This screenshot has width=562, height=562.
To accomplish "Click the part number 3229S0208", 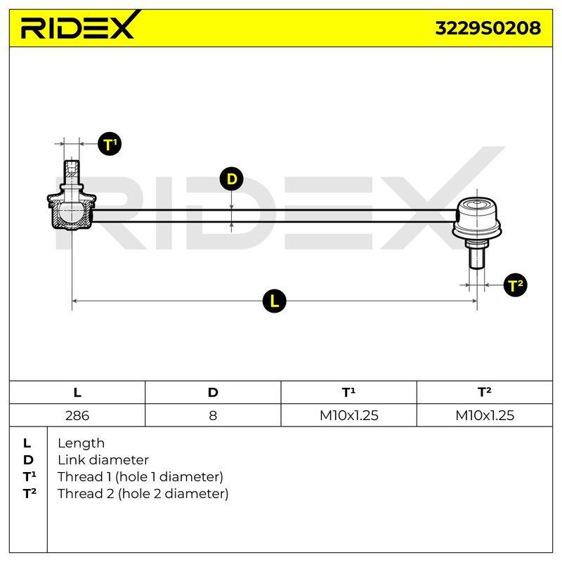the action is click(488, 28).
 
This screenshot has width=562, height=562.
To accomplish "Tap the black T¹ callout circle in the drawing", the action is click(110, 144).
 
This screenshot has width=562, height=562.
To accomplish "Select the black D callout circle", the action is click(232, 179).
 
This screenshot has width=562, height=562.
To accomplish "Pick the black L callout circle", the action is click(274, 301).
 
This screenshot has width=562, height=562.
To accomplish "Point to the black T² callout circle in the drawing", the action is click(515, 285).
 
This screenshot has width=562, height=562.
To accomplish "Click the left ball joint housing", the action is click(72, 211).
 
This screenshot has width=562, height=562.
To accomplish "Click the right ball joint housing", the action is click(477, 218).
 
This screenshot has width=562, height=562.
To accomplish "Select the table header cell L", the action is click(77, 393).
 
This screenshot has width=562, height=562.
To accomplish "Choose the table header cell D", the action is click(213, 393).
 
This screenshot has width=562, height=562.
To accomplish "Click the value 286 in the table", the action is click(77, 415).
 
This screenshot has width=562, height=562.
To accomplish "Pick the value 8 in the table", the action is click(213, 415).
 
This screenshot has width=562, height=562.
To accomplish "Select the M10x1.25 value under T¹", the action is click(348, 415).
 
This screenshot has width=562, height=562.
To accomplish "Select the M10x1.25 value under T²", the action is click(485, 415).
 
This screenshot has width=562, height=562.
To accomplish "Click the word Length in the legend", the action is click(81, 443).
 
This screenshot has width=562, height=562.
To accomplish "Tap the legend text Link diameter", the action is click(103, 460).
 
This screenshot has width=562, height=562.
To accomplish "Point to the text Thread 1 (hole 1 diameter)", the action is click(140, 477).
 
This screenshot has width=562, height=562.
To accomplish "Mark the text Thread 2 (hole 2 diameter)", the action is click(143, 494).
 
